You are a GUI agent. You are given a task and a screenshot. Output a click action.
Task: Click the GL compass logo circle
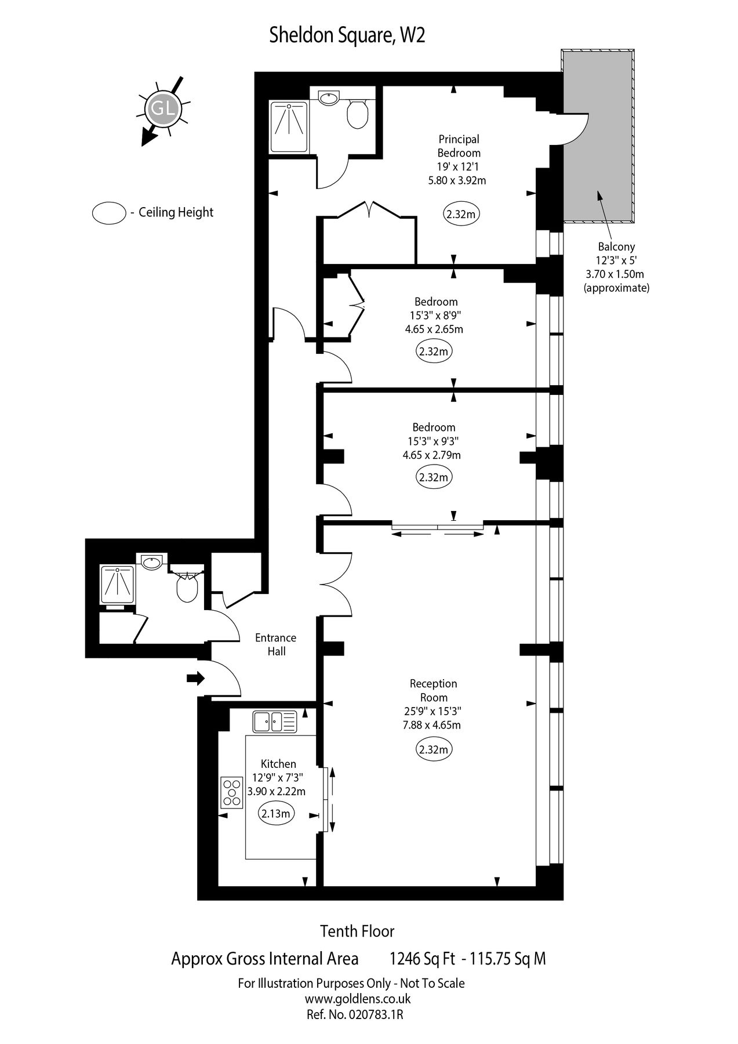pyautogui.click(x=164, y=108)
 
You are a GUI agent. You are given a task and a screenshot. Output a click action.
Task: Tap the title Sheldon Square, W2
pyautogui.click(x=347, y=36)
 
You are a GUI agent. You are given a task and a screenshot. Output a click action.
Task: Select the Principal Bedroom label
pyautogui.click(x=459, y=146)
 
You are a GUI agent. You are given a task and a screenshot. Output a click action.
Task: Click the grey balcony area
pyautogui.click(x=597, y=136)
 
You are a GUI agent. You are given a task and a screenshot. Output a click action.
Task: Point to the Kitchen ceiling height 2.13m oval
pyautogui.click(x=275, y=813)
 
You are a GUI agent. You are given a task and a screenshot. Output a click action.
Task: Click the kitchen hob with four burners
pyautogui.click(x=232, y=791)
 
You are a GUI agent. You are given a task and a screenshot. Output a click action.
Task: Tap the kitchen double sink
pyautogui.click(x=275, y=722)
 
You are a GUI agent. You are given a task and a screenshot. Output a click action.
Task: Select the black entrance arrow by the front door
pyautogui.click(x=196, y=677)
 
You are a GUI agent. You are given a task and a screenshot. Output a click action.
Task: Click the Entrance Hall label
pyautogui.click(x=276, y=644)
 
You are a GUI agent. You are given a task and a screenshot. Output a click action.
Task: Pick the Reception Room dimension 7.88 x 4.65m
pyautogui.click(x=432, y=725)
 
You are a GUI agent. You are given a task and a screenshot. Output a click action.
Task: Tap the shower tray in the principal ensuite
pyautogui.click(x=288, y=126)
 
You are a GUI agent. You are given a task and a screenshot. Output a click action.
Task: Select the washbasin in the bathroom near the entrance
pyautogui.click(x=152, y=562)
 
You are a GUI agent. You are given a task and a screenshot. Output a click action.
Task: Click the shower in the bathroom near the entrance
pyautogui.click(x=118, y=585)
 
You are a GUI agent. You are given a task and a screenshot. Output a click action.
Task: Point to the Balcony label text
pyautogui.click(x=616, y=246)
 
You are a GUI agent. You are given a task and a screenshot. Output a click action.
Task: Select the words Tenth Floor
pyautogui.click(x=358, y=931)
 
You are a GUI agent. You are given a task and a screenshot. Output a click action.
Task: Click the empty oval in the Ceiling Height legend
pyautogui.click(x=109, y=212)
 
